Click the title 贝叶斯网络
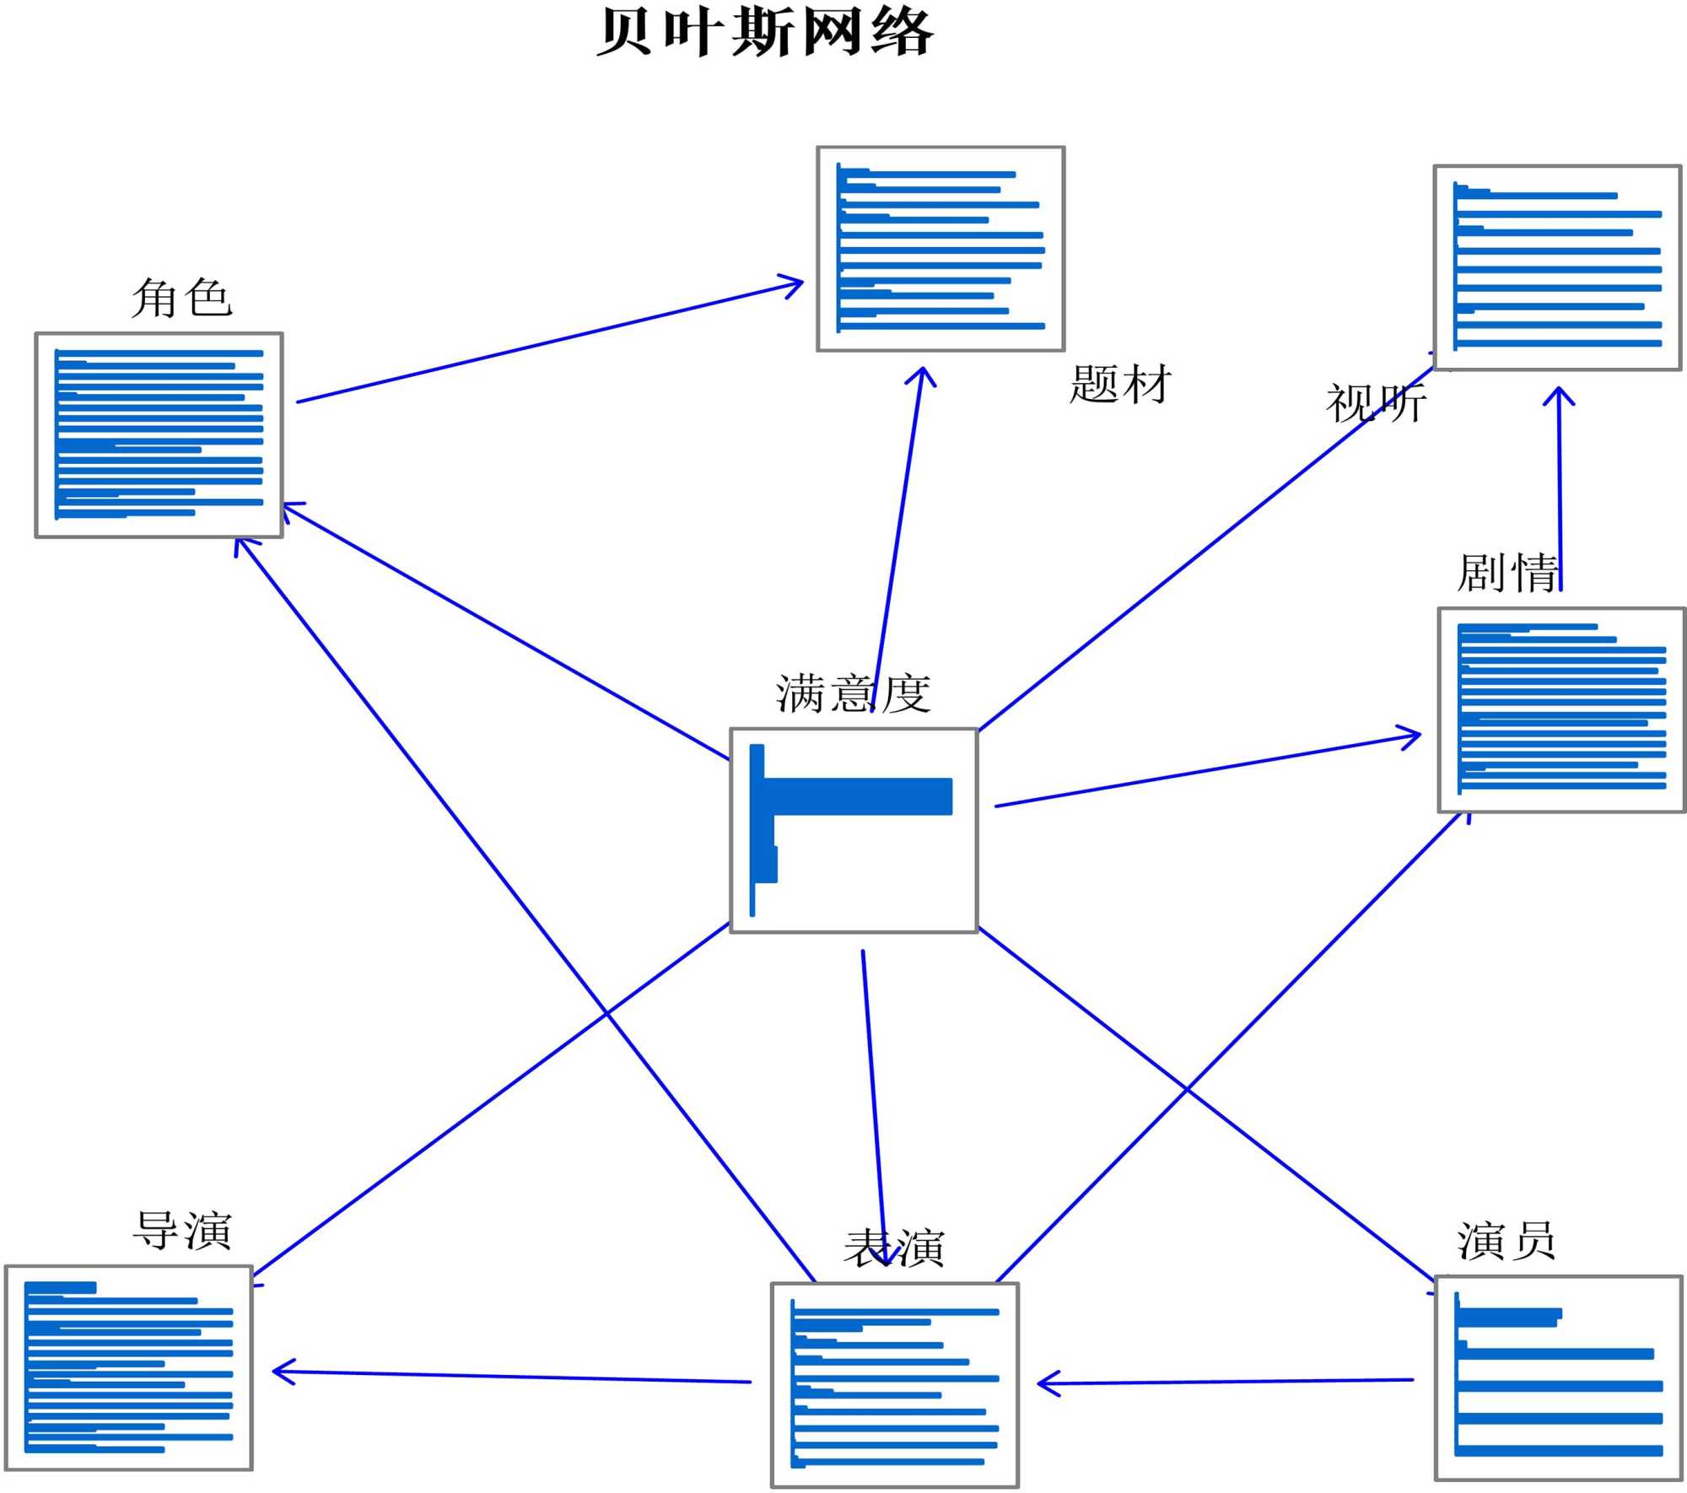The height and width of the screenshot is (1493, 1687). (x=765, y=33)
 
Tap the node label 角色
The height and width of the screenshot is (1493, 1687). (x=181, y=299)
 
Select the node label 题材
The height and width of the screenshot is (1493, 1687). (x=1120, y=384)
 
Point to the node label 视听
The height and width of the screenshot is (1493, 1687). (x=1376, y=403)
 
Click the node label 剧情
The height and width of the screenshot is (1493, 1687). (x=1507, y=574)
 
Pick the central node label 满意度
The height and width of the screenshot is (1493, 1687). (x=853, y=693)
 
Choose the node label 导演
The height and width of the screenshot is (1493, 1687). (x=182, y=1230)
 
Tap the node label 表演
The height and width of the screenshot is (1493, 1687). (x=894, y=1248)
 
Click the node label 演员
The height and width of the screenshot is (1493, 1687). (x=1506, y=1241)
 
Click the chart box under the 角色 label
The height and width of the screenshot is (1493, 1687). (x=159, y=435)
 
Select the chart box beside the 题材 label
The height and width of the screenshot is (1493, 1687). (x=941, y=249)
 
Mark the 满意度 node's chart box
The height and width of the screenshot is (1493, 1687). (x=854, y=831)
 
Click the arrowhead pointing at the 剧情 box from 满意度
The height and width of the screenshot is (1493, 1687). (x=1411, y=736)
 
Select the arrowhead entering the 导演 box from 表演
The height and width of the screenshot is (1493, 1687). (x=281, y=1372)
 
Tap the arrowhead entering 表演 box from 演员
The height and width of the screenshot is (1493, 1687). (x=1046, y=1383)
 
